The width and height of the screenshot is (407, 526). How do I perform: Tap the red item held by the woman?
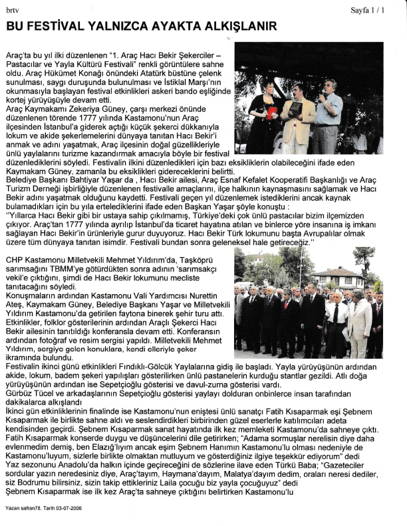click(271, 112)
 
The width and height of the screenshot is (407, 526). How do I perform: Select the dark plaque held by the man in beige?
click(295, 108)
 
